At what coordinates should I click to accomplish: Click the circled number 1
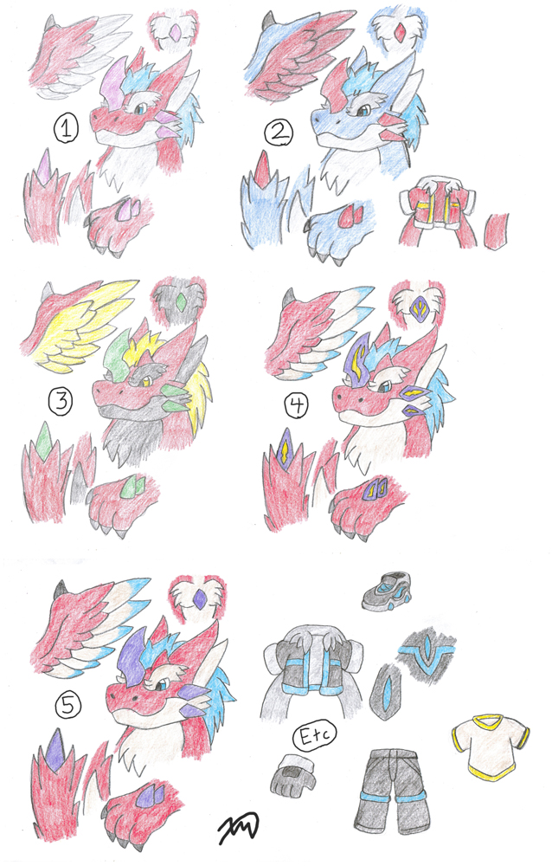[x=66, y=129]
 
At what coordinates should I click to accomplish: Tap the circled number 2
[x=279, y=132]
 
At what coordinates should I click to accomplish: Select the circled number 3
[x=61, y=401]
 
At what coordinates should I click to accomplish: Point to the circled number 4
[x=297, y=406]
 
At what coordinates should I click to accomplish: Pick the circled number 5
[x=68, y=705]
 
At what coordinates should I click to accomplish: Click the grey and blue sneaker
[x=388, y=591]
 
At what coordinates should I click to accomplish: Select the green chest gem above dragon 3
[x=180, y=301]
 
